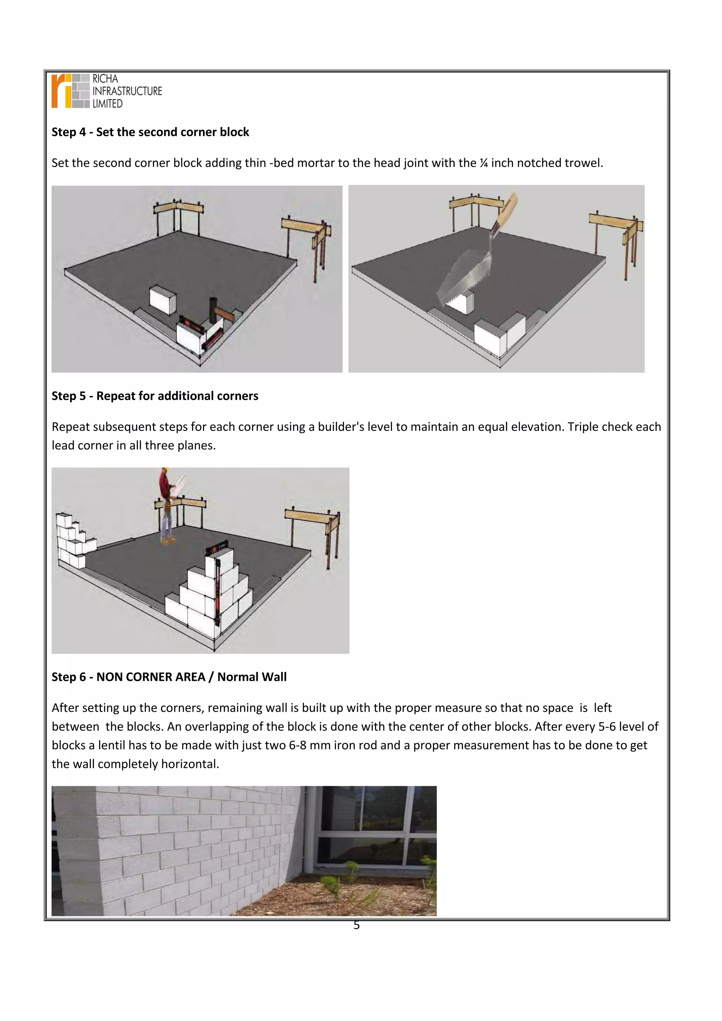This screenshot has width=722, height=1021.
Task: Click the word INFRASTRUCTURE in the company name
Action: point(127,91)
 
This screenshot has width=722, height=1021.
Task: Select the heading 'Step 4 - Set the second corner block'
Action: point(150,132)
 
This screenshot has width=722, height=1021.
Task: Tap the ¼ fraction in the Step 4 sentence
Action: point(484,163)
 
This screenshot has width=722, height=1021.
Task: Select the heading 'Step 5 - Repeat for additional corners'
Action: point(155,396)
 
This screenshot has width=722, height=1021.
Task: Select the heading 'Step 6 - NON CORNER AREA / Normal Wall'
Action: point(169,677)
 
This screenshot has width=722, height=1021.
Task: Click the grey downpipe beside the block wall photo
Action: point(310,836)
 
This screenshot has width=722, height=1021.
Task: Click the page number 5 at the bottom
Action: point(356,925)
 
